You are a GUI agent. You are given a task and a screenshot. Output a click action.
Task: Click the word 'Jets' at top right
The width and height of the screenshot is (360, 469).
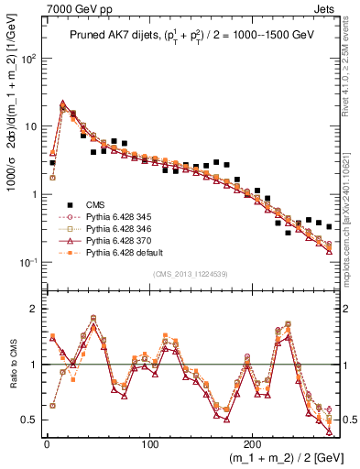click(x=324, y=8)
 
